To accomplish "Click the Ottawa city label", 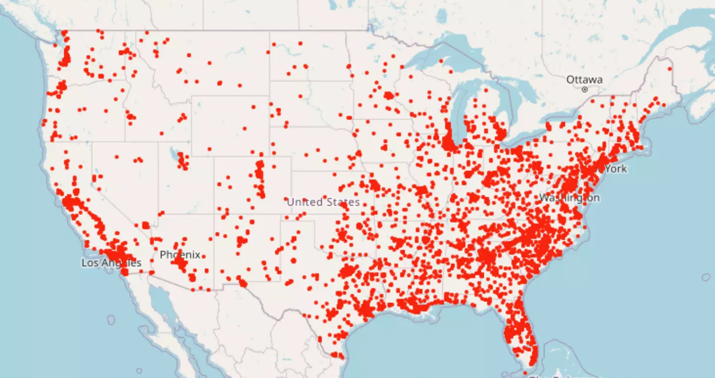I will point(584,79).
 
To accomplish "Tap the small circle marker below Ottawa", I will point(585,89).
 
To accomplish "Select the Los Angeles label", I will point(111,263).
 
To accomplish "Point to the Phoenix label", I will point(180,255).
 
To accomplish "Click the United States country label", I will point(323,202).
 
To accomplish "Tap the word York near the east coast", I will point(616,169).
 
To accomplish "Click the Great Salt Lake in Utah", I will point(175,151).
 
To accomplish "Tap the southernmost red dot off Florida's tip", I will point(525,373).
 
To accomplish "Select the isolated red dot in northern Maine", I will point(669,69).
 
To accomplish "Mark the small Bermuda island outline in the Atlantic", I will point(706,277).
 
